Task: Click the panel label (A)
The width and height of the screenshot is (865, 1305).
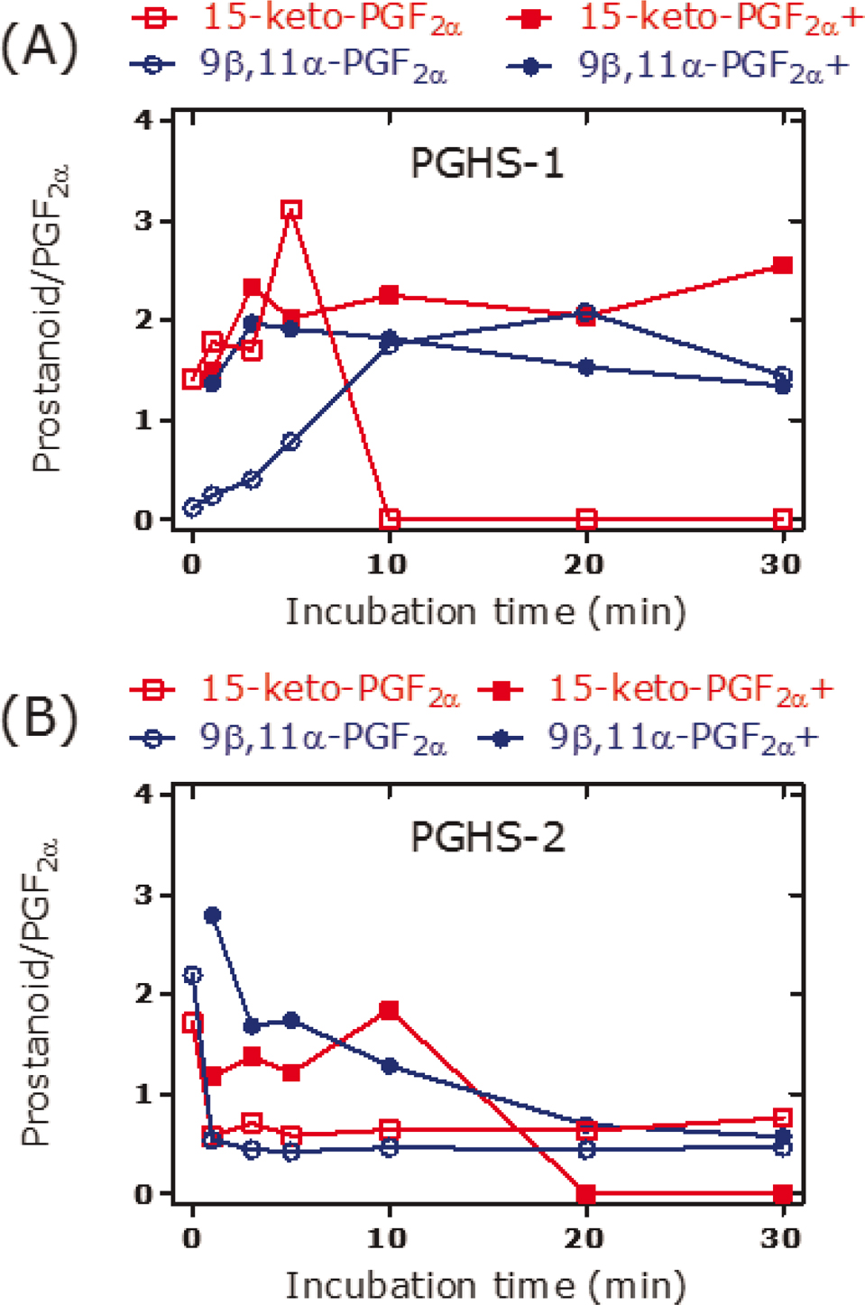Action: point(39,47)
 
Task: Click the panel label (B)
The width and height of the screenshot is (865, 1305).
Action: point(39,719)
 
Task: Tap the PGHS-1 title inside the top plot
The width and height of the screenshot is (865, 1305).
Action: point(486,164)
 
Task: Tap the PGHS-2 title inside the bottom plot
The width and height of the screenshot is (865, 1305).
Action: point(487,838)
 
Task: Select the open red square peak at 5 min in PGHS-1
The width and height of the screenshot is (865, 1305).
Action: point(290,210)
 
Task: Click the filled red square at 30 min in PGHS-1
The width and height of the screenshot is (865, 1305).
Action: point(783,265)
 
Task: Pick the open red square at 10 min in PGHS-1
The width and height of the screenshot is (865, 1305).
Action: point(390,519)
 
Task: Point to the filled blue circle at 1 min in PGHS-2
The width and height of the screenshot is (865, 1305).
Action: point(213,915)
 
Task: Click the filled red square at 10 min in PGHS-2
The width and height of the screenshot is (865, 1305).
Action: point(390,1010)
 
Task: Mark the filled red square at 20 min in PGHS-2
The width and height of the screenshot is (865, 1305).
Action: point(586,1194)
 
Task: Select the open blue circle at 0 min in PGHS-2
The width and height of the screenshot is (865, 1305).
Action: point(192,975)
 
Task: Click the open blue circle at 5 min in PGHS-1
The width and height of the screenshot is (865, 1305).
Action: point(290,441)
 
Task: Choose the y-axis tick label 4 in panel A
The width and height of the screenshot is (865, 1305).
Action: point(144,120)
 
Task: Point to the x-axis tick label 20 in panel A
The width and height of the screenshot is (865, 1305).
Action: point(584,565)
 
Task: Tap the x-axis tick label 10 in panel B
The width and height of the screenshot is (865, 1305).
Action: point(388,1238)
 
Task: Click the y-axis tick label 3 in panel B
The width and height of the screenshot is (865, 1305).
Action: point(144,895)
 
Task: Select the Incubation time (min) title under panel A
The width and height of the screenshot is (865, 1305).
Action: point(486,612)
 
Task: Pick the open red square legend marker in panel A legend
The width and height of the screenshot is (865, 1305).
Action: point(153,17)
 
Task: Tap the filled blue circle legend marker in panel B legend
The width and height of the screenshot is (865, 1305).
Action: point(501,739)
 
